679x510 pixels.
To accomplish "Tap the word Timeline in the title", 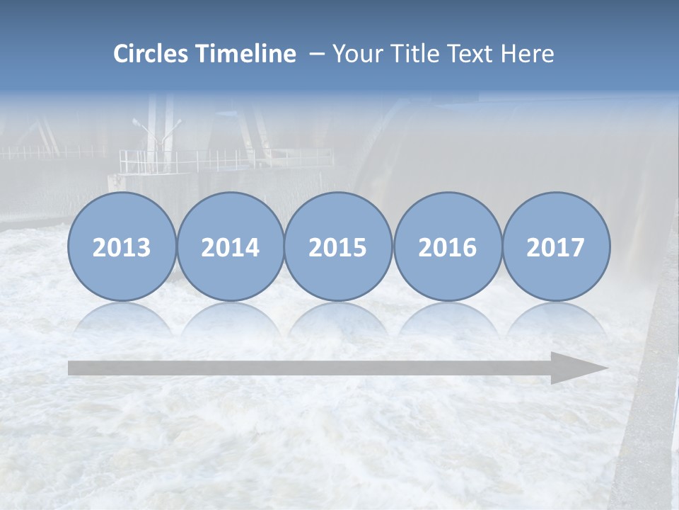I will [247, 54].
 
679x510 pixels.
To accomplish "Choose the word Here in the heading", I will [527, 54].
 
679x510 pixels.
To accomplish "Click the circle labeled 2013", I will [122, 246].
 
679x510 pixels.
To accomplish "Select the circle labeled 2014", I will [230, 246].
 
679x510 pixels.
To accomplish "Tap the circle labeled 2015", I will [338, 246].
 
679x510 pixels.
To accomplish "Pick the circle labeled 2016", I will [447, 246].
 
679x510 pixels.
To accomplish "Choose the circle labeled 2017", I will [555, 246].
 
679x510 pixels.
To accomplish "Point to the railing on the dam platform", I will [226, 159].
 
